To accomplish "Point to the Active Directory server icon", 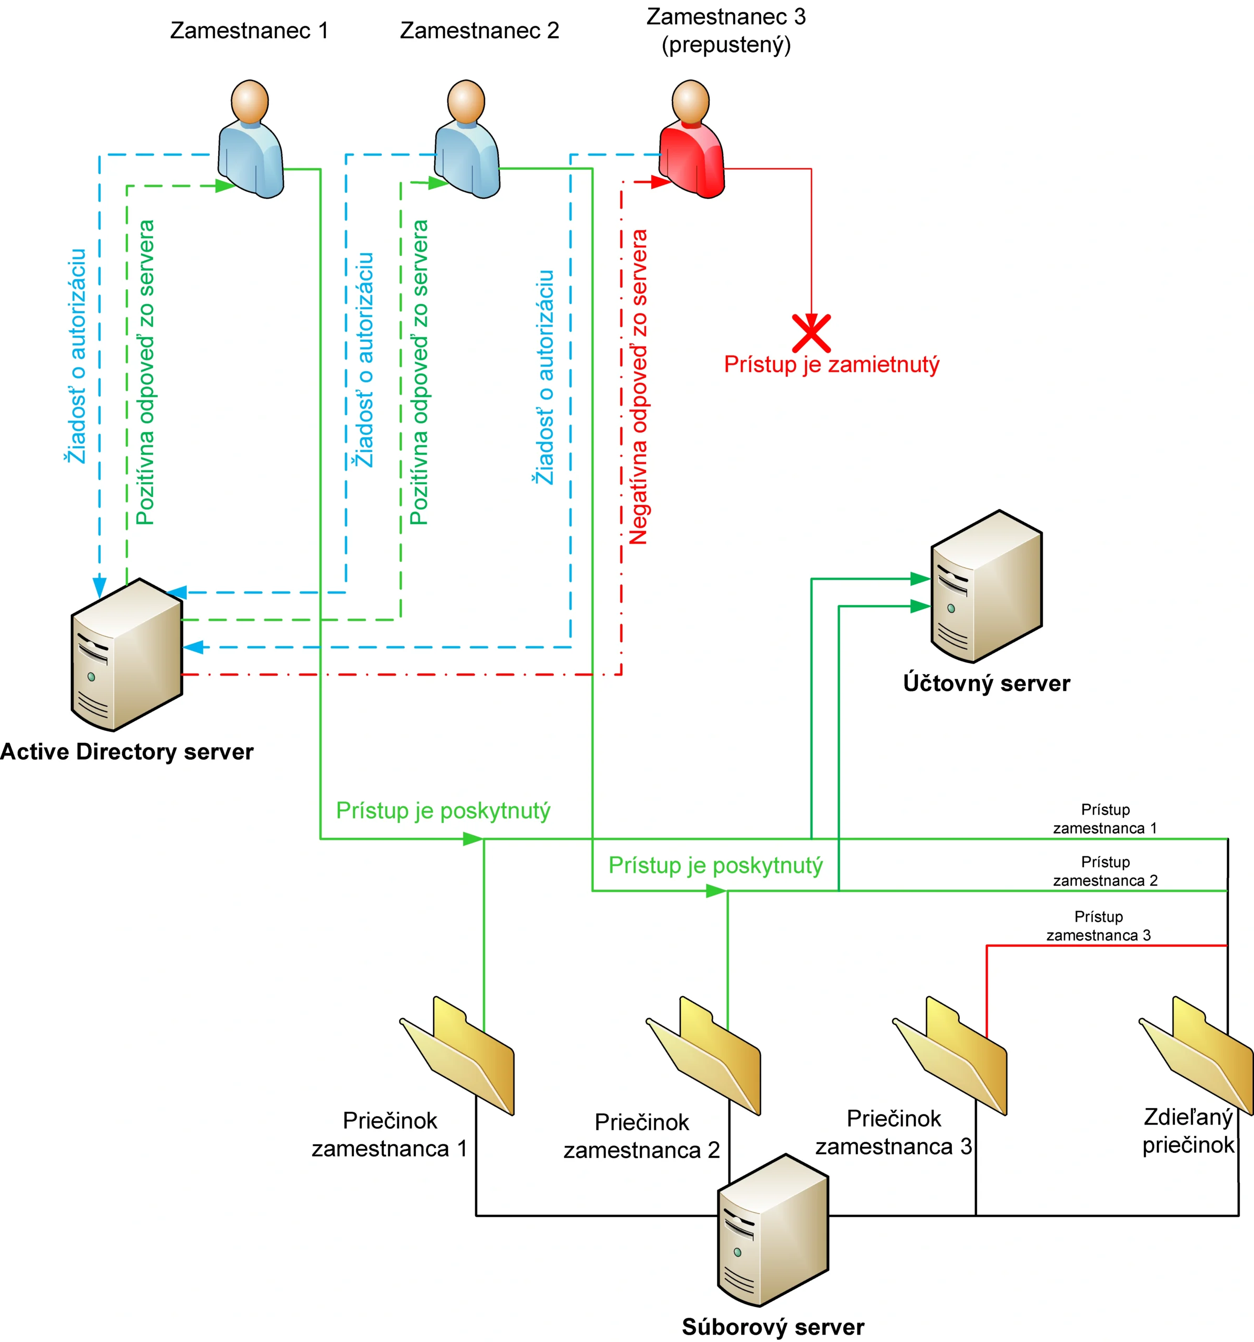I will (127, 655).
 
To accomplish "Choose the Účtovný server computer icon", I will (987, 587).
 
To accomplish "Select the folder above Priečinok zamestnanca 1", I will (459, 1056).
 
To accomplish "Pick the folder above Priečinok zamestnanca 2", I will (706, 1056).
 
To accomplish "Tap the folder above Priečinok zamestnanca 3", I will (952, 1056).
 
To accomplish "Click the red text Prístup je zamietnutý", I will (831, 364).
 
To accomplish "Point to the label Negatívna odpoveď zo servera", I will (639, 387).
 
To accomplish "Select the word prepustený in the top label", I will (726, 45).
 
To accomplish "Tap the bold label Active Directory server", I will (127, 751).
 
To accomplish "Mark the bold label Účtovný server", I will (987, 683).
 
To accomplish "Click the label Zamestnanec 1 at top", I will (249, 30).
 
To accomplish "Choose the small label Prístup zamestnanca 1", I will (1106, 818).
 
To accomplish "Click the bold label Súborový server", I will (773, 1326).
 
